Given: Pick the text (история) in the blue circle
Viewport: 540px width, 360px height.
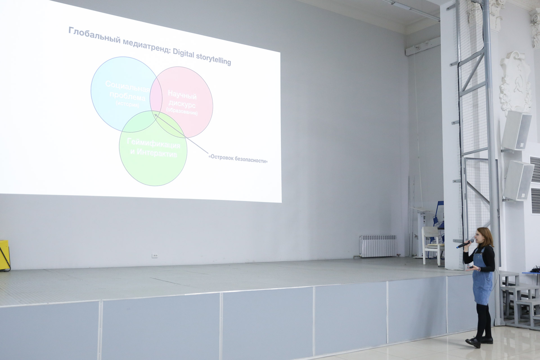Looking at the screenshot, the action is point(127,104).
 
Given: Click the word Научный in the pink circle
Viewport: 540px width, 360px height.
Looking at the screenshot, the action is point(182,95).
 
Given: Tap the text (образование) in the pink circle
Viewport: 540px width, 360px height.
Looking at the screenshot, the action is point(182,111).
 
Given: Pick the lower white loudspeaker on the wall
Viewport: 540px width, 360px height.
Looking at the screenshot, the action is point(518,180).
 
